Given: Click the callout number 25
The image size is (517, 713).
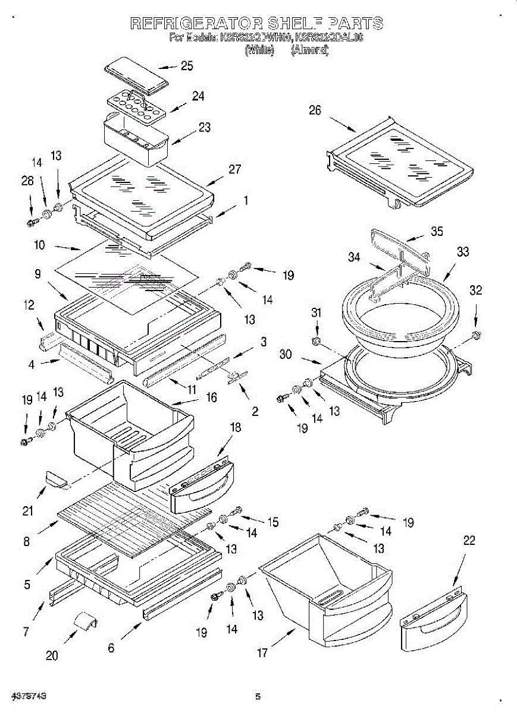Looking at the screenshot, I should pos(187,66).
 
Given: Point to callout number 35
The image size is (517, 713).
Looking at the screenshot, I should pos(437,231).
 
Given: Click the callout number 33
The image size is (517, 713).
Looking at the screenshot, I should pos(463,252).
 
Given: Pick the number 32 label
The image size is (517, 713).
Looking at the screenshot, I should pos(475,290).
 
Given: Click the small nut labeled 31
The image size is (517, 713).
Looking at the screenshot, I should pos(317,341).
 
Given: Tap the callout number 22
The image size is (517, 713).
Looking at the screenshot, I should pos(469,540).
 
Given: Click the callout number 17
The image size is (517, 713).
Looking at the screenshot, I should pos(262,652).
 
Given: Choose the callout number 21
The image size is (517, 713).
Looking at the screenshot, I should pos(28,510).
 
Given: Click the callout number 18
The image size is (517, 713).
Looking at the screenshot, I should pos(235,427).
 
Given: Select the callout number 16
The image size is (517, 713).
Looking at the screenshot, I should pos(211,397).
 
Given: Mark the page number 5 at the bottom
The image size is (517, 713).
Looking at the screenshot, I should pos(258,696).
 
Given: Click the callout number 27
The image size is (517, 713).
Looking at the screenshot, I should pos(235,169).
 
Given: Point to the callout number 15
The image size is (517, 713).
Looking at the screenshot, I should pos(272,522).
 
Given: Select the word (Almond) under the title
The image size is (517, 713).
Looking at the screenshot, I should pos(309,50).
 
